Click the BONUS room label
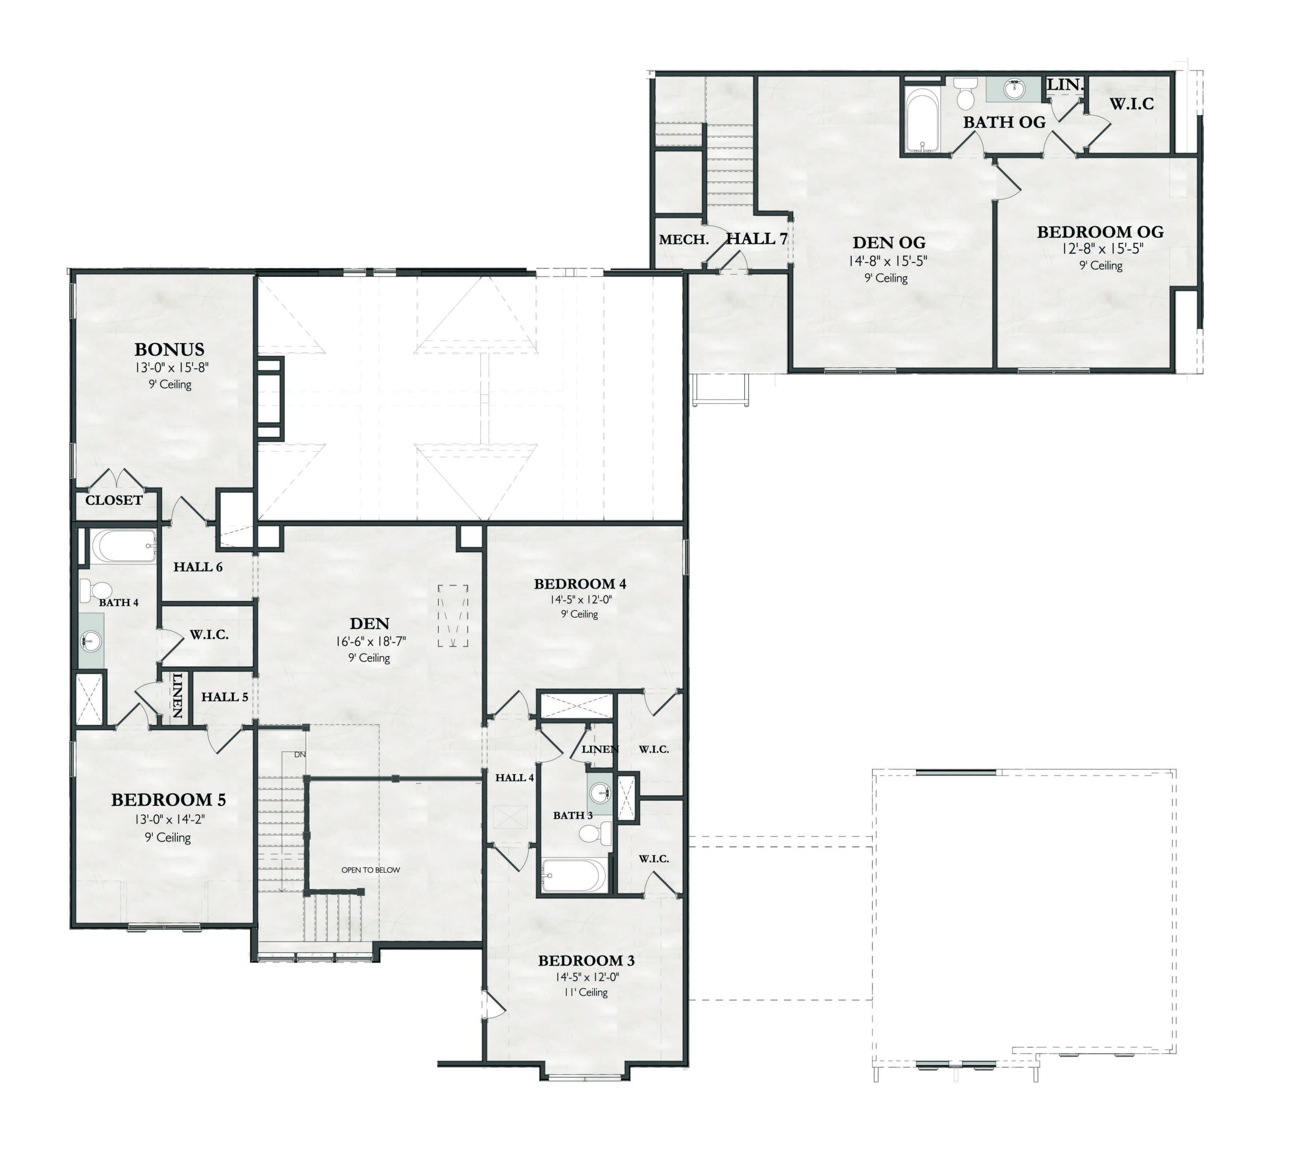[169, 349]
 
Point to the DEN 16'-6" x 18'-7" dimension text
[371, 641]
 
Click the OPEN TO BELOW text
[371, 870]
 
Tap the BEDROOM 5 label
[169, 800]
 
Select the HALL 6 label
[198, 567]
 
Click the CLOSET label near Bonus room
[114, 500]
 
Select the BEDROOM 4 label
[580, 584]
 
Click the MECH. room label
[684, 240]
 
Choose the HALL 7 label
[757, 238]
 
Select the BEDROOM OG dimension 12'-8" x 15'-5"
[1100, 249]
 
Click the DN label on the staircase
[300, 754]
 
